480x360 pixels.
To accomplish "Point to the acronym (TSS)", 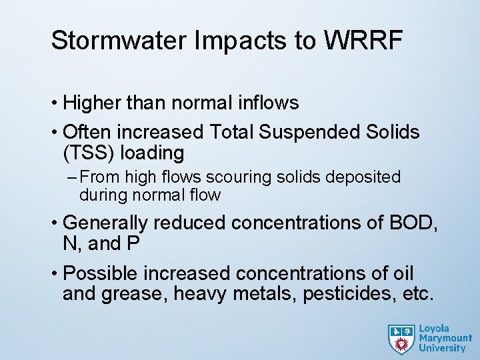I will tap(90, 153).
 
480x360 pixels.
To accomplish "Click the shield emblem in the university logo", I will tap(401, 338).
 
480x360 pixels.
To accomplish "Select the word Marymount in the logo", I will tap(442, 338).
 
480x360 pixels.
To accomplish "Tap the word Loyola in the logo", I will tap(434, 329).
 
